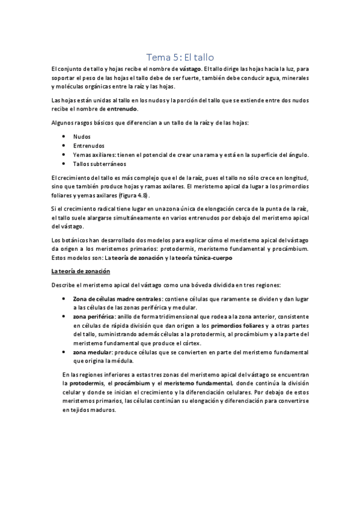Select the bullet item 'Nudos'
coord(82,137)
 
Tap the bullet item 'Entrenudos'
coord(88,146)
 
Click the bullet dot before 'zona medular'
coord(64,351)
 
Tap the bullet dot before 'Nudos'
coord(64,137)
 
